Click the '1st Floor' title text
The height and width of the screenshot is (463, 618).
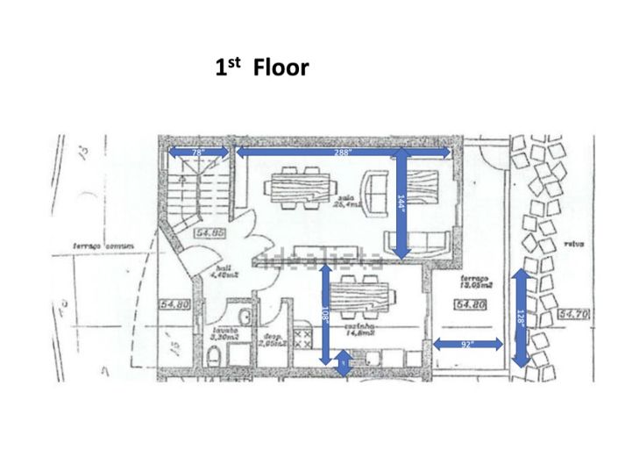click(262, 68)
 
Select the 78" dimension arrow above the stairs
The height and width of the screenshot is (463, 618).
click(199, 153)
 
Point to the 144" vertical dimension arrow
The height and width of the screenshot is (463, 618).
click(401, 203)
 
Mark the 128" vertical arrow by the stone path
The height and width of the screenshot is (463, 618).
click(520, 318)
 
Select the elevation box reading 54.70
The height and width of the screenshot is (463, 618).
click(574, 312)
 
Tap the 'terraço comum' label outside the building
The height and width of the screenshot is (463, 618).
click(103, 246)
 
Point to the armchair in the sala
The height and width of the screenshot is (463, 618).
click(378, 193)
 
